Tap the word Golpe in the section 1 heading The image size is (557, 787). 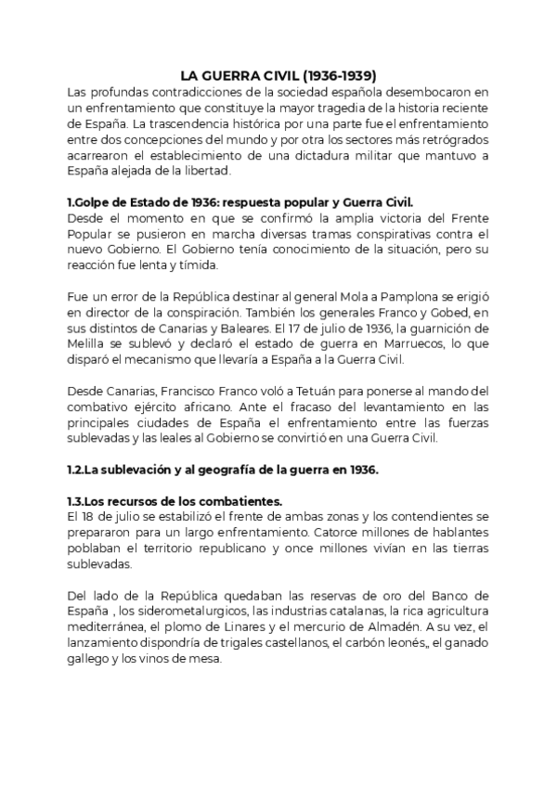pyautogui.click(x=95, y=202)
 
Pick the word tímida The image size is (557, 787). pyautogui.click(x=197, y=265)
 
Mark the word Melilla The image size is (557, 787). pyautogui.click(x=89, y=344)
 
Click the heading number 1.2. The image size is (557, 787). pyautogui.click(x=78, y=471)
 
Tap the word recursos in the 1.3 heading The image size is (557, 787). pyautogui.click(x=126, y=502)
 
